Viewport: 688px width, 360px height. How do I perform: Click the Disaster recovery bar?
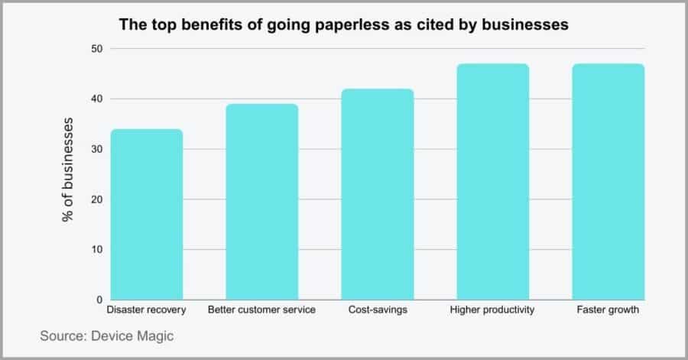[x=146, y=215]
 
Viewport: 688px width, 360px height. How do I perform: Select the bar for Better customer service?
[x=262, y=202]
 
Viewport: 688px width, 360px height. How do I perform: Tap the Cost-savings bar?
[x=378, y=194]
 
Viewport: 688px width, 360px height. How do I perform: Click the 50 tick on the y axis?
[x=96, y=49]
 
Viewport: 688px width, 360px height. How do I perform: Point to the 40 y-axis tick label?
[x=96, y=99]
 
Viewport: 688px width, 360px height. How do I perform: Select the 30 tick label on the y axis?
[x=96, y=149]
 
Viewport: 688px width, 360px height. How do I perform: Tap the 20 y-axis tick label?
[x=96, y=199]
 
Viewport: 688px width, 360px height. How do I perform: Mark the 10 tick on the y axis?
[x=96, y=250]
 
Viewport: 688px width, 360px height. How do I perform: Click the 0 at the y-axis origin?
[x=99, y=300]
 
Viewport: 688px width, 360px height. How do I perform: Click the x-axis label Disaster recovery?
[x=146, y=310]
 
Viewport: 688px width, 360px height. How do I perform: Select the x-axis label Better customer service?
[x=262, y=310]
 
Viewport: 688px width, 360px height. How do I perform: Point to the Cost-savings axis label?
[x=378, y=310]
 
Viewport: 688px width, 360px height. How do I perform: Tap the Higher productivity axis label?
[x=493, y=310]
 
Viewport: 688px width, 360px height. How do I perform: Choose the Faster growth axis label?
[x=608, y=310]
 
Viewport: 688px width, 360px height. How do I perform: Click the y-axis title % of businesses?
[x=69, y=170]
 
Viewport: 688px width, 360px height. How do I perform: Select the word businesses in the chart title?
[x=527, y=25]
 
